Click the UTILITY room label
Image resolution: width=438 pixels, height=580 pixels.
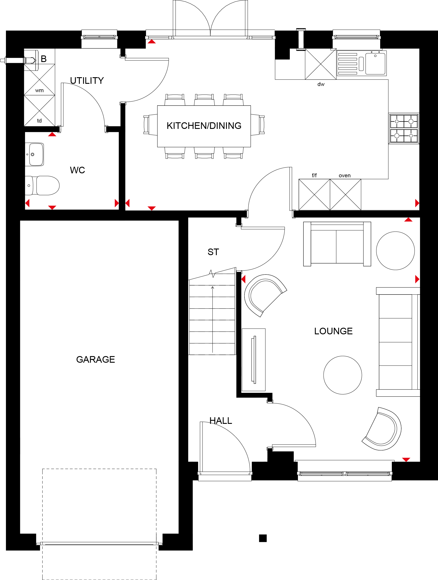coord(87,81)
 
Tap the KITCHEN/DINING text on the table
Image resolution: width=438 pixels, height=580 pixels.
coord(204,126)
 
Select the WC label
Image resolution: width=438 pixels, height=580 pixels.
coord(77,170)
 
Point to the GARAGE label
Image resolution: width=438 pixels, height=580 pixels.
coord(95,359)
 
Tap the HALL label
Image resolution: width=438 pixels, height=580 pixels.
coord(221,421)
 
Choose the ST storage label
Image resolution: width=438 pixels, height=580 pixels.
coord(213,252)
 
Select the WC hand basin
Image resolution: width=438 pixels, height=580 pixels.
coord(35,154)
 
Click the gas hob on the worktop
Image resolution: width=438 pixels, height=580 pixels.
coord(404,128)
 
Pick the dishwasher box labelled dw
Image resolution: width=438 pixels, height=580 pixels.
coord(321,64)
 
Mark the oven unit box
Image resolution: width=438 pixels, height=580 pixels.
coord(345,195)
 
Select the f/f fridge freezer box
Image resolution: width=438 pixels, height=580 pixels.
coord(314,195)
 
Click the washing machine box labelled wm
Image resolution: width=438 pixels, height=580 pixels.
coord(40,79)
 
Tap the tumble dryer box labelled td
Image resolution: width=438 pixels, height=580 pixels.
coord(40,110)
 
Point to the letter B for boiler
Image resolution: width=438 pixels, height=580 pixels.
coord(44,59)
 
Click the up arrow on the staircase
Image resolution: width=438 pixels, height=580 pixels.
coord(213,319)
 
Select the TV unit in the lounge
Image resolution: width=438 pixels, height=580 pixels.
coord(254,360)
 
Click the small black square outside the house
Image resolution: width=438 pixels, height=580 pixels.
coord(263,538)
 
